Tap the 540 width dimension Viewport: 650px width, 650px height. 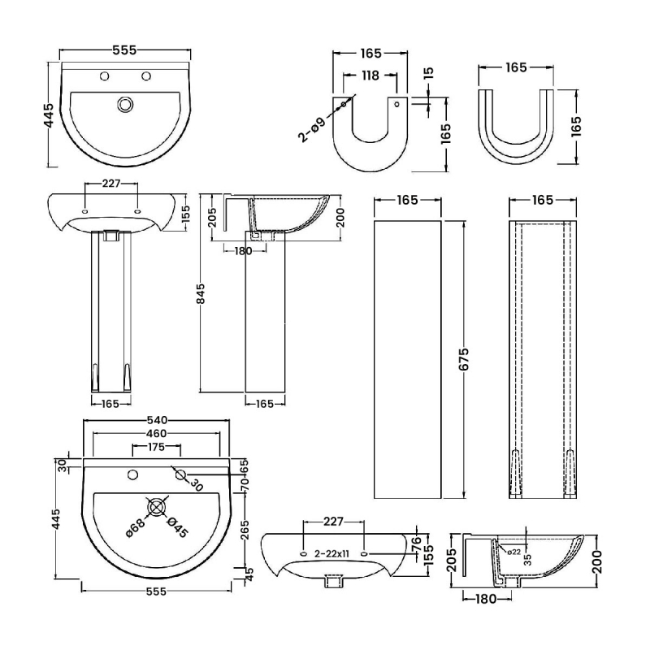157,420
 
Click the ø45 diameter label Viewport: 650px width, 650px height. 177,528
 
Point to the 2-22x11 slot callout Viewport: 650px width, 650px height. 333,553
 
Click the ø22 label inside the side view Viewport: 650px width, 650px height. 513,552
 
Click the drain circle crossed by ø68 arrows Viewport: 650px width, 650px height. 157,508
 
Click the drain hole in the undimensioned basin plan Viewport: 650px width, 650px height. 124,104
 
